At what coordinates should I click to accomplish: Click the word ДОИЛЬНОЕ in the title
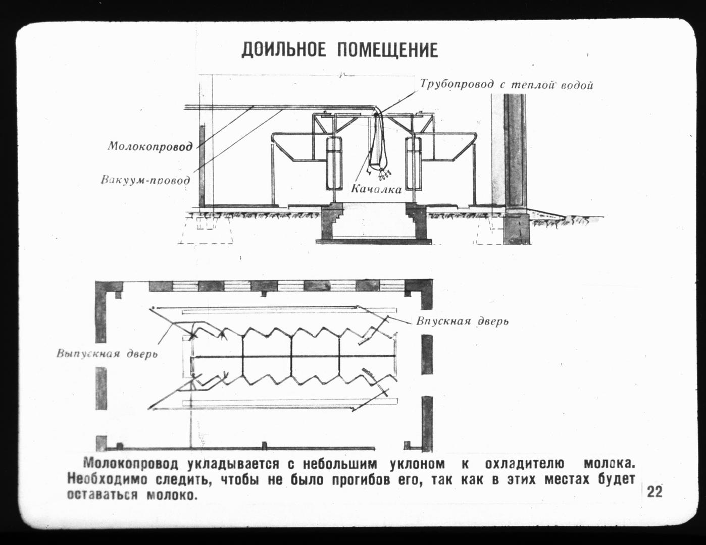[x=284, y=50]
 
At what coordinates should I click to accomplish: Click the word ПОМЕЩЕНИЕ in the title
[x=387, y=50]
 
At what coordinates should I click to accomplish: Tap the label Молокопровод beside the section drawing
[x=150, y=146]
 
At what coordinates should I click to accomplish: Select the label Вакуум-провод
[x=145, y=180]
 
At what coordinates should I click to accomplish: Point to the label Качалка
[x=376, y=189]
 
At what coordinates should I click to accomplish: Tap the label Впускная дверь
[x=462, y=321]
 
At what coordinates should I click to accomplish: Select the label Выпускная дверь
[x=107, y=353]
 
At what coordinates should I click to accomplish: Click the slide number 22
[x=654, y=492]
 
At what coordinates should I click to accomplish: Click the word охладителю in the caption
[x=525, y=464]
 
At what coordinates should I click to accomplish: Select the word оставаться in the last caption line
[x=103, y=496]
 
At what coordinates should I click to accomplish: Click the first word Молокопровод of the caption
[x=131, y=464]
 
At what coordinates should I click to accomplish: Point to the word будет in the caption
[x=616, y=479]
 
